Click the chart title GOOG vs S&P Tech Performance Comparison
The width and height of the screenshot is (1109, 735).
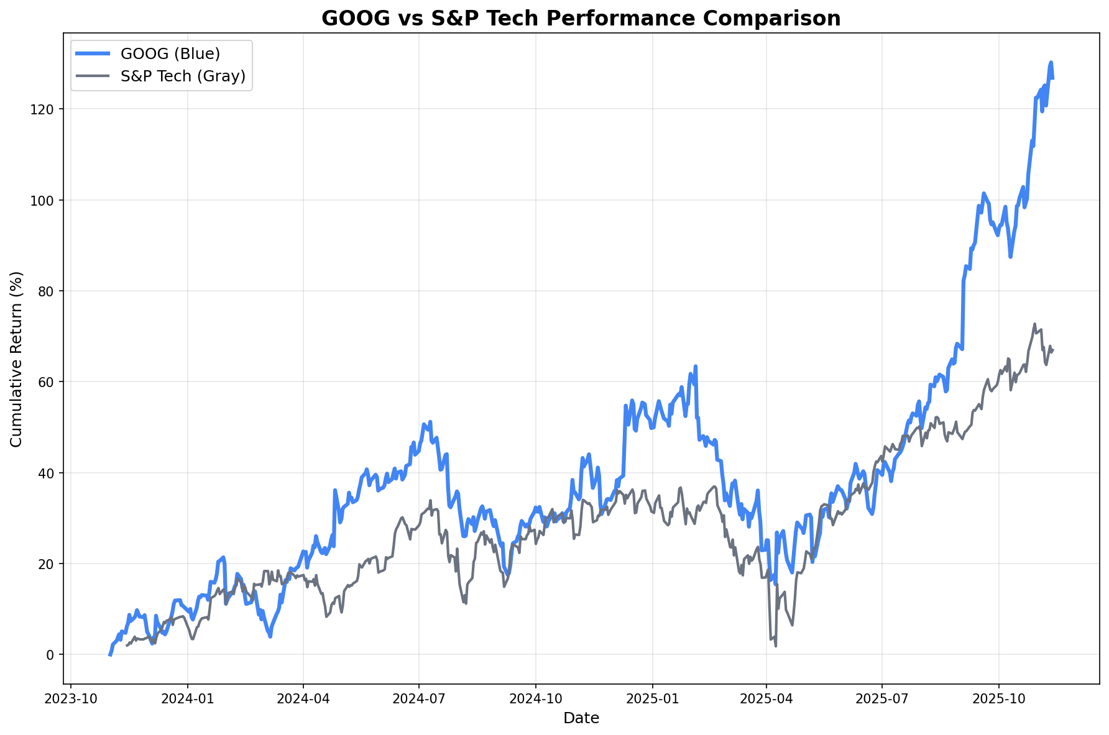pyautogui.click(x=581, y=18)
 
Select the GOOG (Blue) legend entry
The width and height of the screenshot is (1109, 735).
pyautogui.click(x=170, y=53)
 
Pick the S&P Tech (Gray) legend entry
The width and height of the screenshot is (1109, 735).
pyautogui.click(x=183, y=76)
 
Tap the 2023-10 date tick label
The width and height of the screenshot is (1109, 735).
pyautogui.click(x=71, y=698)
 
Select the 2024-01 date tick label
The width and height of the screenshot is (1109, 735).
pyautogui.click(x=187, y=698)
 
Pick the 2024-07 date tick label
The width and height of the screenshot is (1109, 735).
pyautogui.click(x=418, y=698)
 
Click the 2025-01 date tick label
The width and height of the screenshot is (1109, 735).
pyautogui.click(x=652, y=698)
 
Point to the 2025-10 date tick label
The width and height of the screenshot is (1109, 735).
pyautogui.click(x=998, y=698)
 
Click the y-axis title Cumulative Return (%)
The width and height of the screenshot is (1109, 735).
pyautogui.click(x=17, y=358)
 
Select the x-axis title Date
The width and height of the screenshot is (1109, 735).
pyautogui.click(x=581, y=718)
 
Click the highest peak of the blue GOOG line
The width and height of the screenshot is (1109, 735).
pyautogui.click(x=1051, y=62)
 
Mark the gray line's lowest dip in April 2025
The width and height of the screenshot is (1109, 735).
pyautogui.click(x=775, y=646)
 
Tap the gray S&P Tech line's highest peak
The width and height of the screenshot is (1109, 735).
pyautogui.click(x=1034, y=324)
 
